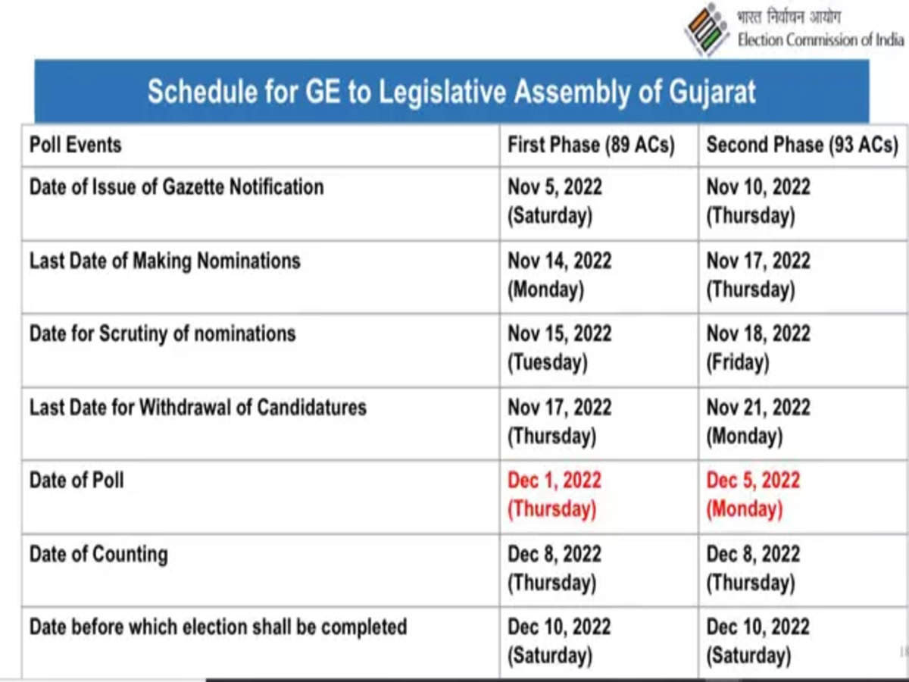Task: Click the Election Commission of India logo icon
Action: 707,29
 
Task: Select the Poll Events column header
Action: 75,144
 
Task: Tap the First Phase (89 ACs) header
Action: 591,144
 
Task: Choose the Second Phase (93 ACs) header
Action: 802,144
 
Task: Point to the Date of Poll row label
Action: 77,480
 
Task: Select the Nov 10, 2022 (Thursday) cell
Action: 758,201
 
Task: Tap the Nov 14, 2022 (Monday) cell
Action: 559,274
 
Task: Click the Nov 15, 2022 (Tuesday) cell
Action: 559,348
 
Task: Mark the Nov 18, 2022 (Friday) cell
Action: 758,348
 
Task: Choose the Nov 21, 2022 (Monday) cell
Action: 758,421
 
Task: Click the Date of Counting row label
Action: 98,554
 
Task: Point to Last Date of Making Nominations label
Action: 164,261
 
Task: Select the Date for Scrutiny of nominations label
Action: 162,333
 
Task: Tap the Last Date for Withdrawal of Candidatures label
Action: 198,407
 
